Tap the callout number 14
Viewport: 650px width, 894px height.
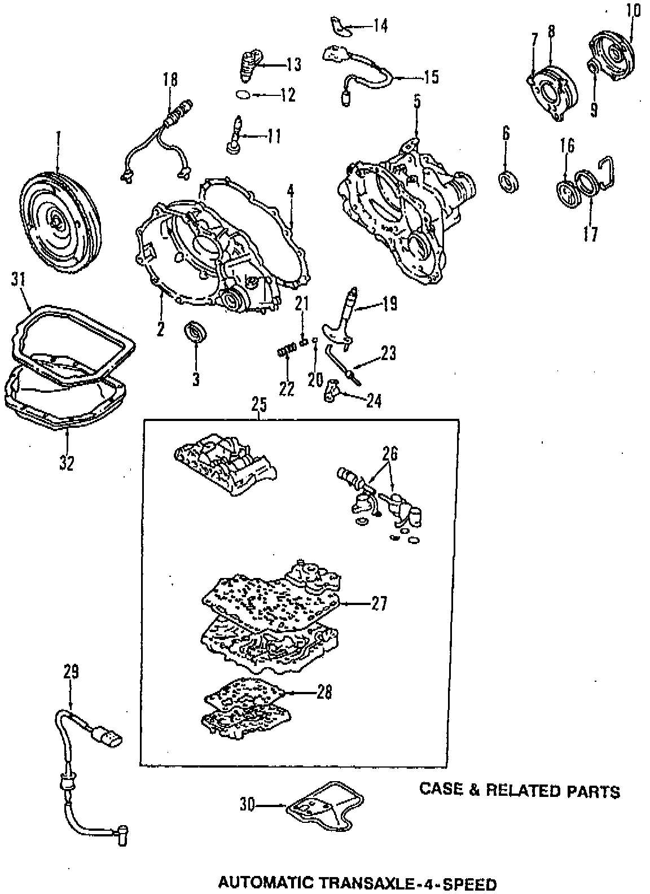pyautogui.click(x=380, y=25)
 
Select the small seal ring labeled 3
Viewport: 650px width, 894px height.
pyautogui.click(x=195, y=332)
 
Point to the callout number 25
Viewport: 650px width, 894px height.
pyautogui.click(x=259, y=406)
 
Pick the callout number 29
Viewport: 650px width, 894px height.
pyautogui.click(x=71, y=672)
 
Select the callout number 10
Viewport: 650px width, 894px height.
pyautogui.click(x=633, y=11)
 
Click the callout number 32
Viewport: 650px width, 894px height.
pyautogui.click(x=67, y=463)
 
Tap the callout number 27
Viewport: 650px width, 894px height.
pyautogui.click(x=379, y=604)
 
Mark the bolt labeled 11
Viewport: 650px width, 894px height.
pyautogui.click(x=235, y=134)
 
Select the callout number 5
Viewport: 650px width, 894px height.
pyautogui.click(x=416, y=102)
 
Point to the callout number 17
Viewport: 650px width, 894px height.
pyautogui.click(x=590, y=234)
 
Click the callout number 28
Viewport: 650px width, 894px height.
pyautogui.click(x=324, y=693)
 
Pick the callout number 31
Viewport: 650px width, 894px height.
pyautogui.click(x=19, y=279)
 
